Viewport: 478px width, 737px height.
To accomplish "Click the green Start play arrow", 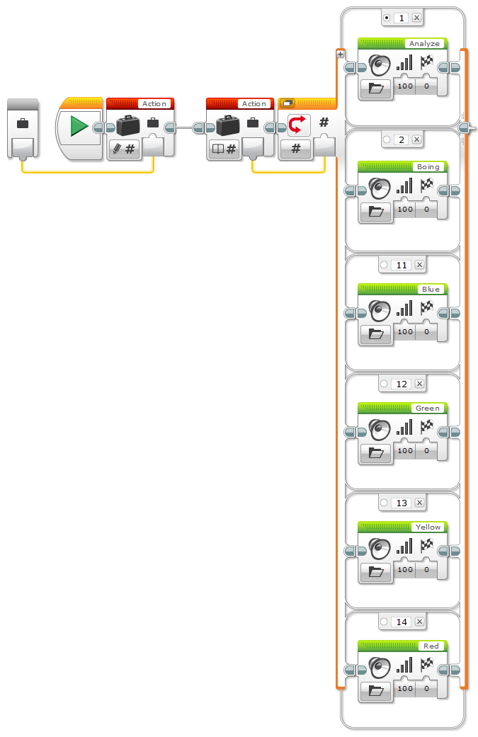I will pyautogui.click(x=79, y=127).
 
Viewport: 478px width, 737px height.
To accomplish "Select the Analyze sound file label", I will pyautogui.click(x=424, y=44).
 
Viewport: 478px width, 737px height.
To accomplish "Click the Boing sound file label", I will pyautogui.click(x=427, y=167).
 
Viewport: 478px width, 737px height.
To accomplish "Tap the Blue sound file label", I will pyautogui.click(x=430, y=290).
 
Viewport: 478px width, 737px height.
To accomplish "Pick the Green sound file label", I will pyautogui.click(x=427, y=409).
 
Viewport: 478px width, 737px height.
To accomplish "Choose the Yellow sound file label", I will pyautogui.click(x=428, y=527).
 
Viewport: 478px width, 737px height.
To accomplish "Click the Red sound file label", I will pyautogui.click(x=431, y=646).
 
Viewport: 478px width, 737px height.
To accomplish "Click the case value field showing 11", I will pyautogui.click(x=402, y=265).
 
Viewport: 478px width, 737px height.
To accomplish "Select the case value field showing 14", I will pyautogui.click(x=402, y=622).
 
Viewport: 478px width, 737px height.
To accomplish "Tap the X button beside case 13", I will pyautogui.click(x=419, y=503).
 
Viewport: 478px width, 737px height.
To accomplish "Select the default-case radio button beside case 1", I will pyautogui.click(x=386, y=18).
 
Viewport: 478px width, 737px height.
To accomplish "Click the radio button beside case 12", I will pyautogui.click(x=384, y=384).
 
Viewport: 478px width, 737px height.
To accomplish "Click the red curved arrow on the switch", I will pyautogui.click(x=296, y=125).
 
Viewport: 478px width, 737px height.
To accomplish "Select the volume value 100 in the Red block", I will pyautogui.click(x=404, y=688).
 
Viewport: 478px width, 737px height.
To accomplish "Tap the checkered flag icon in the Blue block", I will pyautogui.click(x=427, y=308).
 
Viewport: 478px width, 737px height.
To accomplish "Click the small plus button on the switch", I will pyautogui.click(x=341, y=54).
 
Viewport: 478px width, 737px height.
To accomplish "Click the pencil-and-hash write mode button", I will pyautogui.click(x=123, y=149).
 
